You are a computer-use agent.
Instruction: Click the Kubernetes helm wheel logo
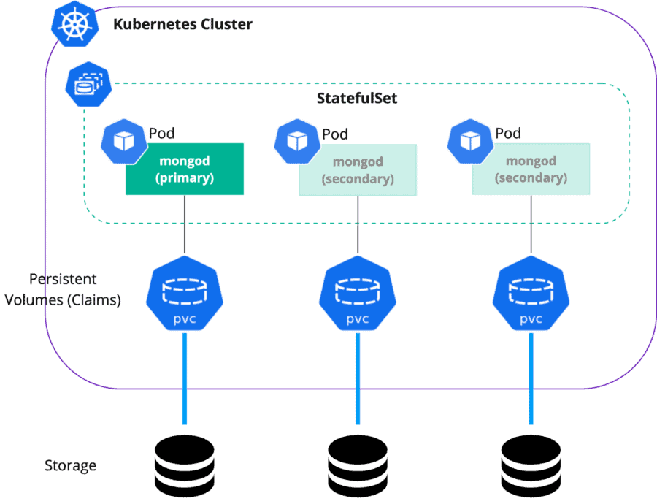75,24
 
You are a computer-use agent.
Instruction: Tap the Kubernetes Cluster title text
182,24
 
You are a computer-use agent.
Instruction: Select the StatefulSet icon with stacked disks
88,84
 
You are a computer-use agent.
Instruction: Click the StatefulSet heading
357,98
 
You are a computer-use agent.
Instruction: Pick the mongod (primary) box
185,169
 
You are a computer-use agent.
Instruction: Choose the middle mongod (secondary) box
358,169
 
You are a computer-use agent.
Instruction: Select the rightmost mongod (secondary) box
531,169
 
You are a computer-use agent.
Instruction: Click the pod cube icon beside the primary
124,141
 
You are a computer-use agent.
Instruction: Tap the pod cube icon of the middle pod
297,141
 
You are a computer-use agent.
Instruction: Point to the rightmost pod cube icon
470,141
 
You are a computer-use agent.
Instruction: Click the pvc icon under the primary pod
185,294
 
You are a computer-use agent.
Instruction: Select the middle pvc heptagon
358,294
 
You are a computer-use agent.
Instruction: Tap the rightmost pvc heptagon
531,294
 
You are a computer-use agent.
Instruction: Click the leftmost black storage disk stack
185,466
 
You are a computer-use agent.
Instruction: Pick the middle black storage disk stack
358,466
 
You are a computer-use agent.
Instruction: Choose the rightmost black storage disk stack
531,466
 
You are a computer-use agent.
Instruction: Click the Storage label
70,465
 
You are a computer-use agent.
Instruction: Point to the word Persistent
63,279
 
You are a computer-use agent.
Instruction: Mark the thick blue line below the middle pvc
358,378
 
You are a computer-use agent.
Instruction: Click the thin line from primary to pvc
185,225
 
